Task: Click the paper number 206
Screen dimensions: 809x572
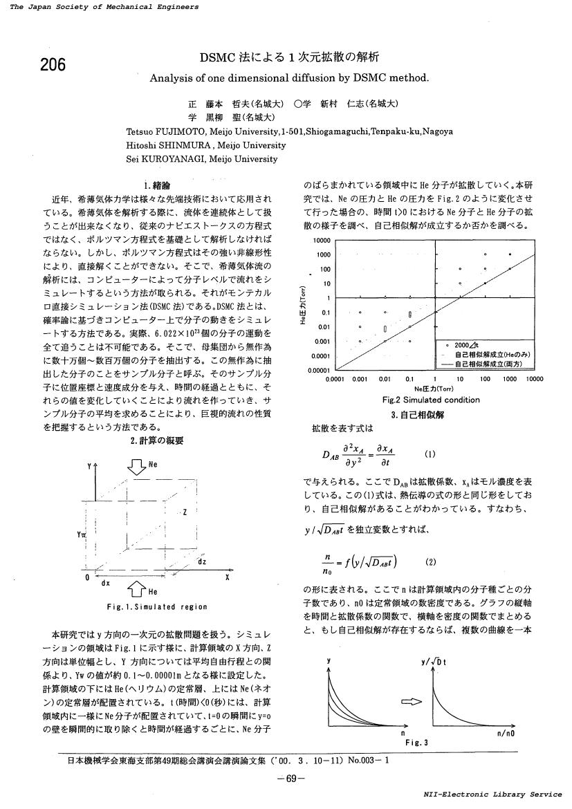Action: click(52, 65)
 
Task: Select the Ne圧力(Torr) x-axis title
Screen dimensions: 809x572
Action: click(433, 389)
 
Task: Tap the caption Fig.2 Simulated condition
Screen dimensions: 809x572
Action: click(430, 400)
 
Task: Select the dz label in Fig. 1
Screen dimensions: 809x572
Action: click(201, 562)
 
